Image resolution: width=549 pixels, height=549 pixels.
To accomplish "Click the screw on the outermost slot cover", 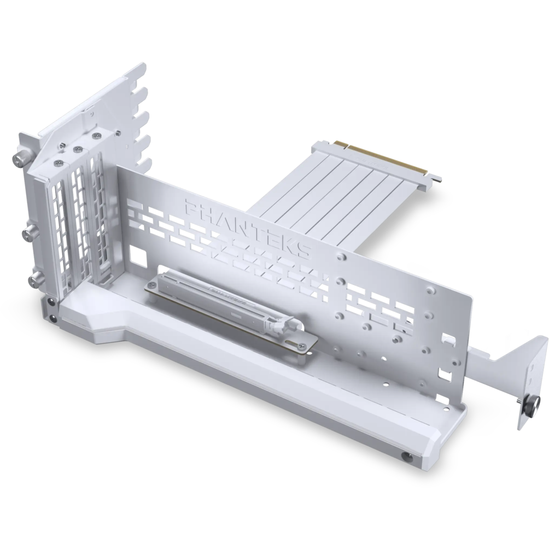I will point(57,163).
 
